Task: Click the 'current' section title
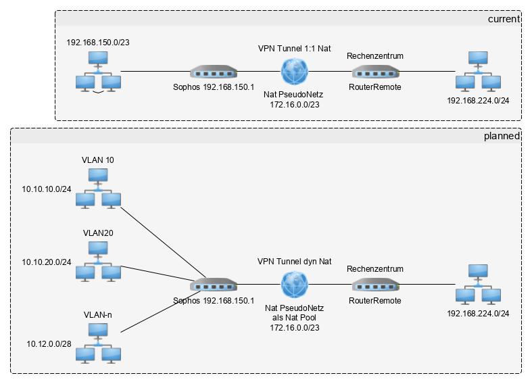coord(504,19)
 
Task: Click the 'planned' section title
coord(502,136)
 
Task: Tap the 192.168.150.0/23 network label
coord(98,43)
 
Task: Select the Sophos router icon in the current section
coord(214,72)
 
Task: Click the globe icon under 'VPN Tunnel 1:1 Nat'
coord(294,71)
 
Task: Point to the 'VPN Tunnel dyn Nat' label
coord(294,261)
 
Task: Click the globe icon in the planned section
coord(294,285)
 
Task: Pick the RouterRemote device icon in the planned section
coord(375,285)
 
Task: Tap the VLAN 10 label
coord(98,160)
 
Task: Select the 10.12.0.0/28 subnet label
coord(48,345)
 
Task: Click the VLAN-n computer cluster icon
coord(98,343)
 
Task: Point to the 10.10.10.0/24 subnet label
coord(47,190)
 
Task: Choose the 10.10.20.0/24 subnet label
coord(47,262)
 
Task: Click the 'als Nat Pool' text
coord(294,317)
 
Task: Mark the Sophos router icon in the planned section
coord(214,285)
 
